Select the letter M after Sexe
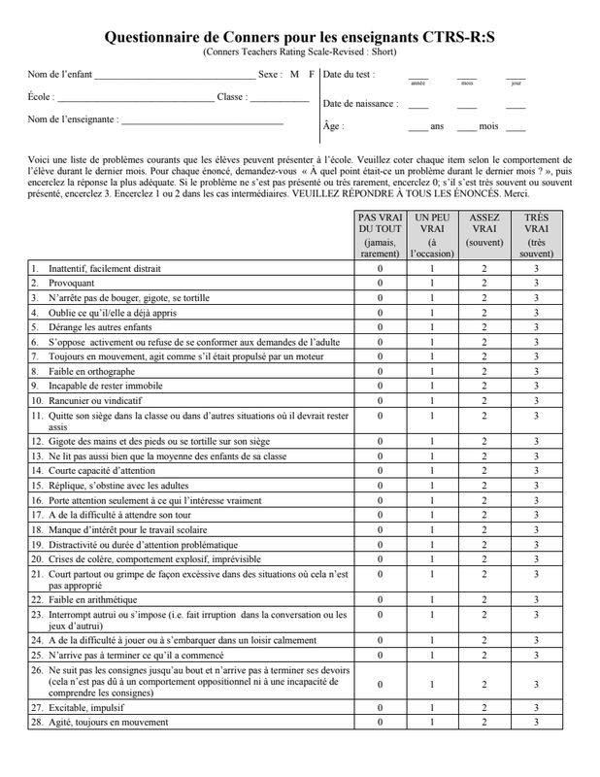[294, 75]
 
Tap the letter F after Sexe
[312, 75]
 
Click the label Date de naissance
[359, 104]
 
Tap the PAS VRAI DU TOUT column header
[380, 236]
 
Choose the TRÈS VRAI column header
[536, 236]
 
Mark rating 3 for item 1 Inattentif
[536, 268]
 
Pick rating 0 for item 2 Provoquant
[380, 283]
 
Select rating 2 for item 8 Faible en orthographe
[483, 371]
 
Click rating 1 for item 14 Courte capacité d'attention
[432, 471]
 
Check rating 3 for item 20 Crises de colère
[536, 559]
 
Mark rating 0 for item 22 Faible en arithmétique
[380, 600]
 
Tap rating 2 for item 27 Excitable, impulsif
[483, 708]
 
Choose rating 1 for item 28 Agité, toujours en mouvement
[432, 723]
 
